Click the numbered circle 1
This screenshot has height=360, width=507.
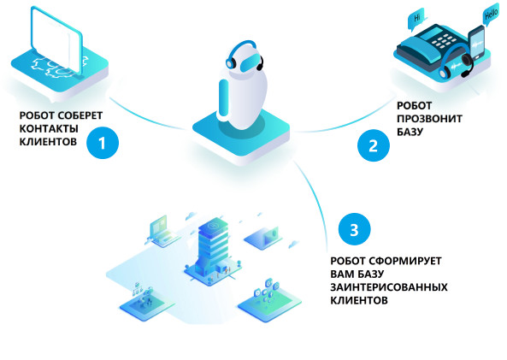[x=103, y=143]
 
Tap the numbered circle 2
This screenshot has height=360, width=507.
[x=374, y=145]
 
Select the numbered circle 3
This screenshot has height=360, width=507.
[x=354, y=229]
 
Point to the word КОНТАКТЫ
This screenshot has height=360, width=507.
[x=49, y=129]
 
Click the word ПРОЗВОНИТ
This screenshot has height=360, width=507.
[x=429, y=119]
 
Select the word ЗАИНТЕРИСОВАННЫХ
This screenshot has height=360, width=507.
[x=389, y=287]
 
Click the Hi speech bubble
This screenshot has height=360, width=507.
[x=418, y=19]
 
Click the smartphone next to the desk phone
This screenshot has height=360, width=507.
[x=476, y=43]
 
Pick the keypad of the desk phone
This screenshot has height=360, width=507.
[x=443, y=41]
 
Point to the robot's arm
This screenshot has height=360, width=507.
[x=224, y=97]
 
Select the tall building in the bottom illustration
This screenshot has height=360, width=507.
[x=213, y=245]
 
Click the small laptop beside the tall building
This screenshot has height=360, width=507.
[x=162, y=231]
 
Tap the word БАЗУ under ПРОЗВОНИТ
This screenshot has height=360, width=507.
[x=410, y=132]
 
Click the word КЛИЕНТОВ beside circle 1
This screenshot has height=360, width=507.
[x=48, y=142]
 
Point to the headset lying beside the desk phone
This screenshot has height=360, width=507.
[x=456, y=63]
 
